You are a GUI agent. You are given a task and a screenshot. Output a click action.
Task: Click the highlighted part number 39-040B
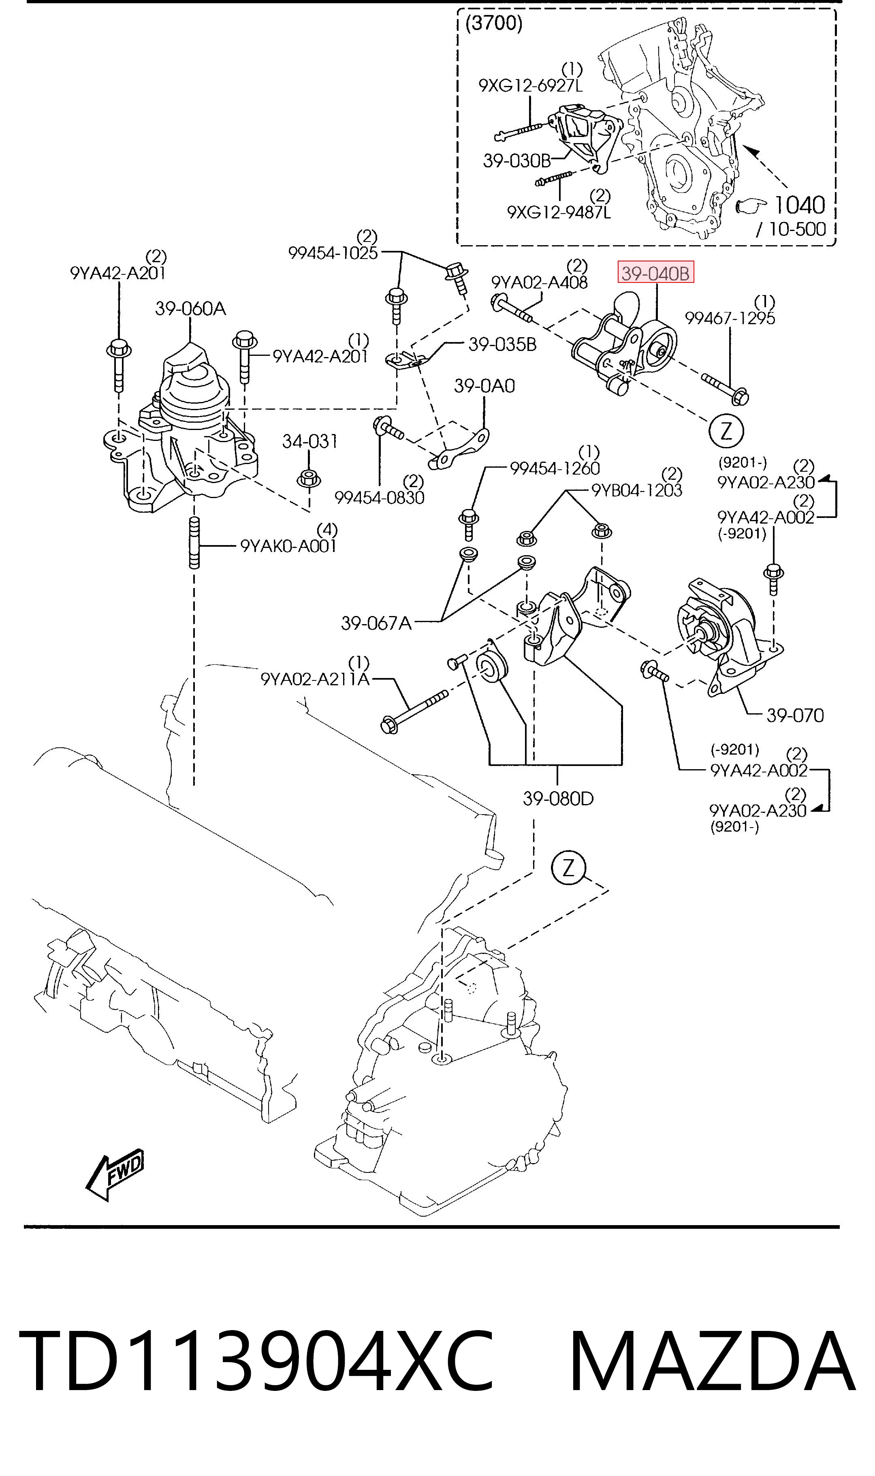[x=656, y=273]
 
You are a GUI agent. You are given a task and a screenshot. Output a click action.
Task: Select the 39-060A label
[x=190, y=308]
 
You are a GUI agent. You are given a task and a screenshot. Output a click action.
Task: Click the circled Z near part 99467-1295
[x=726, y=431]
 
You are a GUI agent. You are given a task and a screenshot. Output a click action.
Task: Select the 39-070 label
[x=795, y=715]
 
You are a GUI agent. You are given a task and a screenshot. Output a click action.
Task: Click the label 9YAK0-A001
[x=288, y=546]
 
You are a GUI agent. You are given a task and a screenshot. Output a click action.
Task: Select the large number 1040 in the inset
[x=799, y=205]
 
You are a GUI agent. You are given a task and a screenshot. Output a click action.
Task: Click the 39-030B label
[x=516, y=160]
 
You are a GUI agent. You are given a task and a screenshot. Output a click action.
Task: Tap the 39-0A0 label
[x=484, y=386]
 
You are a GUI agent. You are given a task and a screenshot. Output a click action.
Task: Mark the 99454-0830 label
[x=379, y=498]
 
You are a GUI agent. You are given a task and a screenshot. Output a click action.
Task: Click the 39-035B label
[x=502, y=344]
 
